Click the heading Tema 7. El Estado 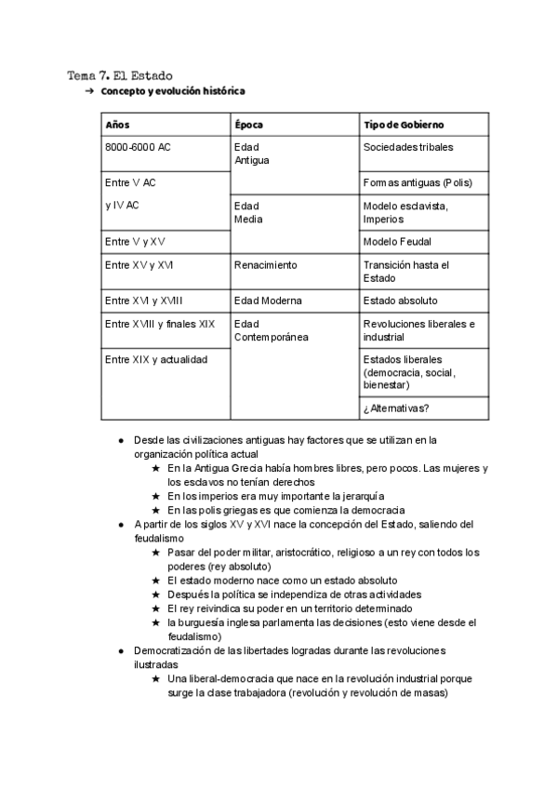coord(120,74)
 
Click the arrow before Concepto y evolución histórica coord(89,91)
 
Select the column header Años coord(117,125)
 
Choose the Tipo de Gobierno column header coord(404,125)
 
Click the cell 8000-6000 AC coord(138,147)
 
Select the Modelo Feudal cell coord(397,242)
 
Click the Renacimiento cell coord(266,265)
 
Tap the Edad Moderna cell coord(268,301)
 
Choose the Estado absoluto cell coord(400,301)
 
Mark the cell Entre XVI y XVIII coord(144,301)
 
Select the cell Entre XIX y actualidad coord(156,359)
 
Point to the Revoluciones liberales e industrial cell coord(418,330)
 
